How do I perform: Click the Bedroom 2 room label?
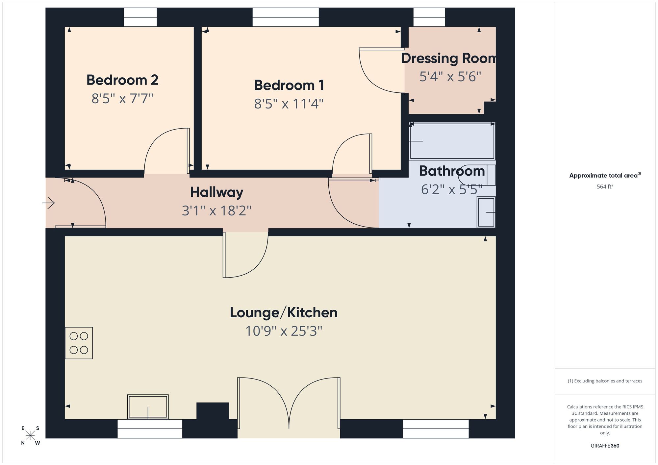coord(122,80)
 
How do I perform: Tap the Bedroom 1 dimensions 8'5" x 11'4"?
coord(289,104)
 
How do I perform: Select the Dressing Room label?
coord(448,58)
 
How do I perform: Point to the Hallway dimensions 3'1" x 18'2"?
coord(216,210)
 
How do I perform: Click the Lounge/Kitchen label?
coord(284,312)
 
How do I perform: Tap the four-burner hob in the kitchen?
coord(79,343)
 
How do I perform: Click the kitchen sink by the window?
coord(148,406)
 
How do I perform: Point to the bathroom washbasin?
coord(486,212)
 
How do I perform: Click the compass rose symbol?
coord(30,436)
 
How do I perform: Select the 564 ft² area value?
coord(605,186)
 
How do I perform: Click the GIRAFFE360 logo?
coord(605,446)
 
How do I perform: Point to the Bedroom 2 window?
coord(140,17)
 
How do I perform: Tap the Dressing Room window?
coord(429,17)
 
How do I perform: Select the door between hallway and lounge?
coord(245,255)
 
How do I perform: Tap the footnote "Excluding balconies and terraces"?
coord(605,381)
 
